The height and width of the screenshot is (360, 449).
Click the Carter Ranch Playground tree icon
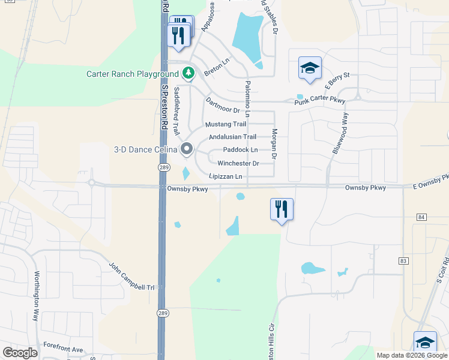[189, 73]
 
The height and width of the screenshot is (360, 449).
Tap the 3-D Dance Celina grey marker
[187, 148]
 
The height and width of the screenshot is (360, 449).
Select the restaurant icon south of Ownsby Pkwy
[282, 209]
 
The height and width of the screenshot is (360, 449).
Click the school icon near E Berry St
[310, 68]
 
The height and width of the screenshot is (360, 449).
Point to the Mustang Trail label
[226, 124]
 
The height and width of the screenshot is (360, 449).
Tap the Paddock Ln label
[240, 149]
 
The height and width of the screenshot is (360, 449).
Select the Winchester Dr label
[238, 163]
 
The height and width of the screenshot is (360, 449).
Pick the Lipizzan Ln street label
[226, 176]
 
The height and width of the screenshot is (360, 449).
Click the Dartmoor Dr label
[222, 106]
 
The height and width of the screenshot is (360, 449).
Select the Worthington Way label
[37, 296]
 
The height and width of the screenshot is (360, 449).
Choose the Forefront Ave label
[63, 349]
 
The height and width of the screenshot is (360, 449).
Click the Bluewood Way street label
[339, 133]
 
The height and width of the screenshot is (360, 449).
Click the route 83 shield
[403, 260]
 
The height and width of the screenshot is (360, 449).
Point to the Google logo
[20, 353]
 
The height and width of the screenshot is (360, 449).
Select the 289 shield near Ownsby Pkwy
[162, 167]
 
